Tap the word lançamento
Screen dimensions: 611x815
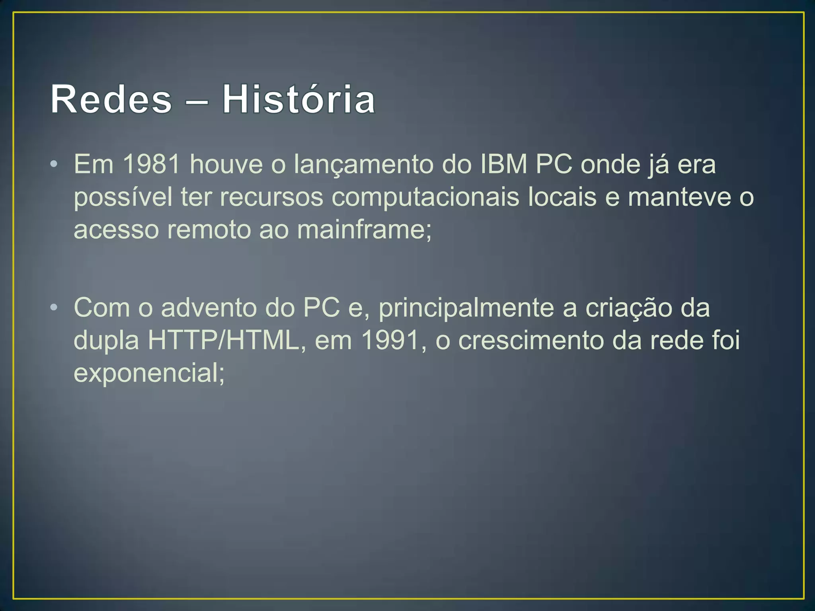[x=363, y=165]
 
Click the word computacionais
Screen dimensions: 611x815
[x=425, y=197]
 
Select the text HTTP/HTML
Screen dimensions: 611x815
[x=224, y=341]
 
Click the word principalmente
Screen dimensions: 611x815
[x=466, y=309]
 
